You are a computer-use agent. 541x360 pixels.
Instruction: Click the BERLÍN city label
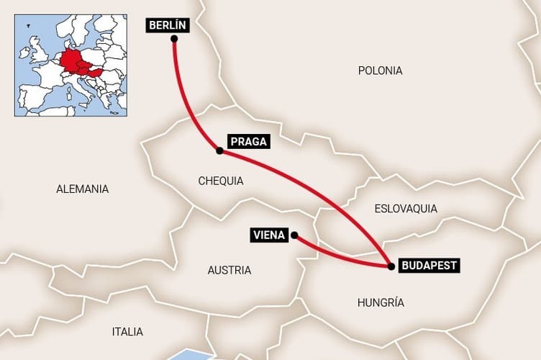click(x=168, y=25)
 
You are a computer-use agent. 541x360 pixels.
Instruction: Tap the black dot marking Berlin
click(x=174, y=39)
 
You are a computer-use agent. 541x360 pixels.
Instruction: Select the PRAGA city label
click(x=248, y=142)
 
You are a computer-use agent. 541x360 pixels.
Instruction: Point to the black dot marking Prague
click(x=219, y=150)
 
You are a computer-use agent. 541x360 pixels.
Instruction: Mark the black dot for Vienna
click(x=294, y=235)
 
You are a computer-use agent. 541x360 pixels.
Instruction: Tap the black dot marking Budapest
click(x=391, y=266)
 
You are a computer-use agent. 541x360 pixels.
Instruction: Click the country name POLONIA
click(x=380, y=71)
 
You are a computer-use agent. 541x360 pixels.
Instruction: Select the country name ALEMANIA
click(x=83, y=189)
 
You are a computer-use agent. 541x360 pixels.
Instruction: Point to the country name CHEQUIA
click(x=221, y=181)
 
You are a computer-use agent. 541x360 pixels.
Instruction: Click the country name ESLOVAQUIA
click(x=406, y=209)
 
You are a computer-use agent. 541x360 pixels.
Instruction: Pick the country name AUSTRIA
click(x=229, y=270)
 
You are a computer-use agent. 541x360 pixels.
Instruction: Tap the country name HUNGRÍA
click(x=381, y=302)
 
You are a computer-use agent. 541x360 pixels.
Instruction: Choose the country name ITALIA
click(x=127, y=332)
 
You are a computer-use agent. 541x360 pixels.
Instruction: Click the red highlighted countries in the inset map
click(x=75, y=63)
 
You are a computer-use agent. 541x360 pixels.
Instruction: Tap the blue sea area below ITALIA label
click(x=191, y=355)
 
